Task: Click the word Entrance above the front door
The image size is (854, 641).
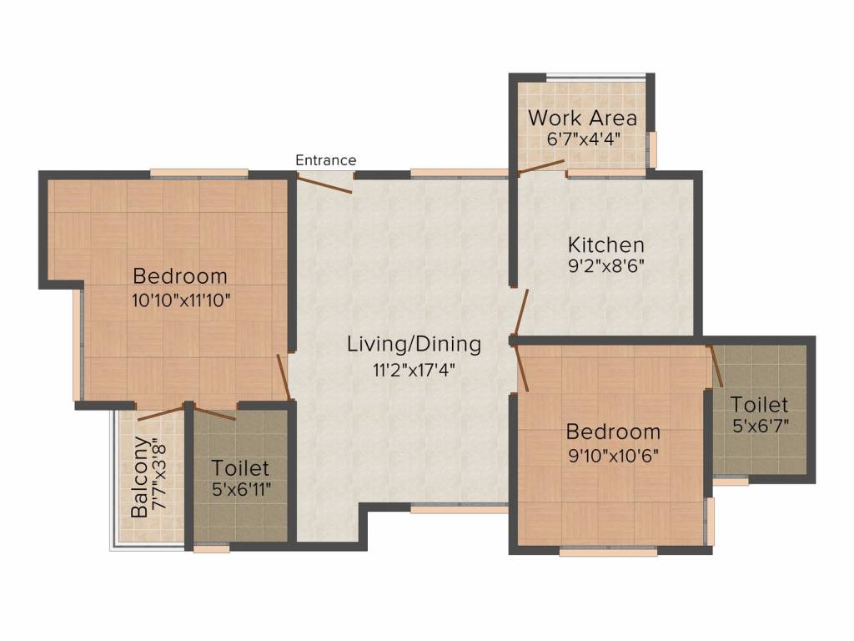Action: (x=326, y=160)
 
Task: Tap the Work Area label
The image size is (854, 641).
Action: (x=582, y=118)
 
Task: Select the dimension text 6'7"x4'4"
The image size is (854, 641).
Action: (x=584, y=139)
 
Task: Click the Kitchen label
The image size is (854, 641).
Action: (x=606, y=245)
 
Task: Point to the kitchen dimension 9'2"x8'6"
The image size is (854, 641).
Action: (x=606, y=266)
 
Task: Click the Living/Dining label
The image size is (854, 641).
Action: (x=414, y=345)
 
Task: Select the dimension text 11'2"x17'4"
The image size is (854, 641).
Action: (x=414, y=370)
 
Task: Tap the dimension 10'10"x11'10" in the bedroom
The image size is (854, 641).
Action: (x=181, y=300)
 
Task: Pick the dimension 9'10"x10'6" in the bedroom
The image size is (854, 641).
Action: (x=614, y=455)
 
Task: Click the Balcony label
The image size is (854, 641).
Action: (x=139, y=477)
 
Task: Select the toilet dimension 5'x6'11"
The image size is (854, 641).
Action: (x=241, y=489)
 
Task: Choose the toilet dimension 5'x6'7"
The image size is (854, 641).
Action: (x=761, y=425)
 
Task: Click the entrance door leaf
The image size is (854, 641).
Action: (x=324, y=184)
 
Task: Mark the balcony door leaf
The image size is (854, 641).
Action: (x=161, y=413)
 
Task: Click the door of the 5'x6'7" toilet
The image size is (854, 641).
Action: (x=716, y=366)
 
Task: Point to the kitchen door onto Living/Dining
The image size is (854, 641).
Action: (x=521, y=312)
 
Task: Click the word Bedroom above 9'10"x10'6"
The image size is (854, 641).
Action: (x=613, y=432)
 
